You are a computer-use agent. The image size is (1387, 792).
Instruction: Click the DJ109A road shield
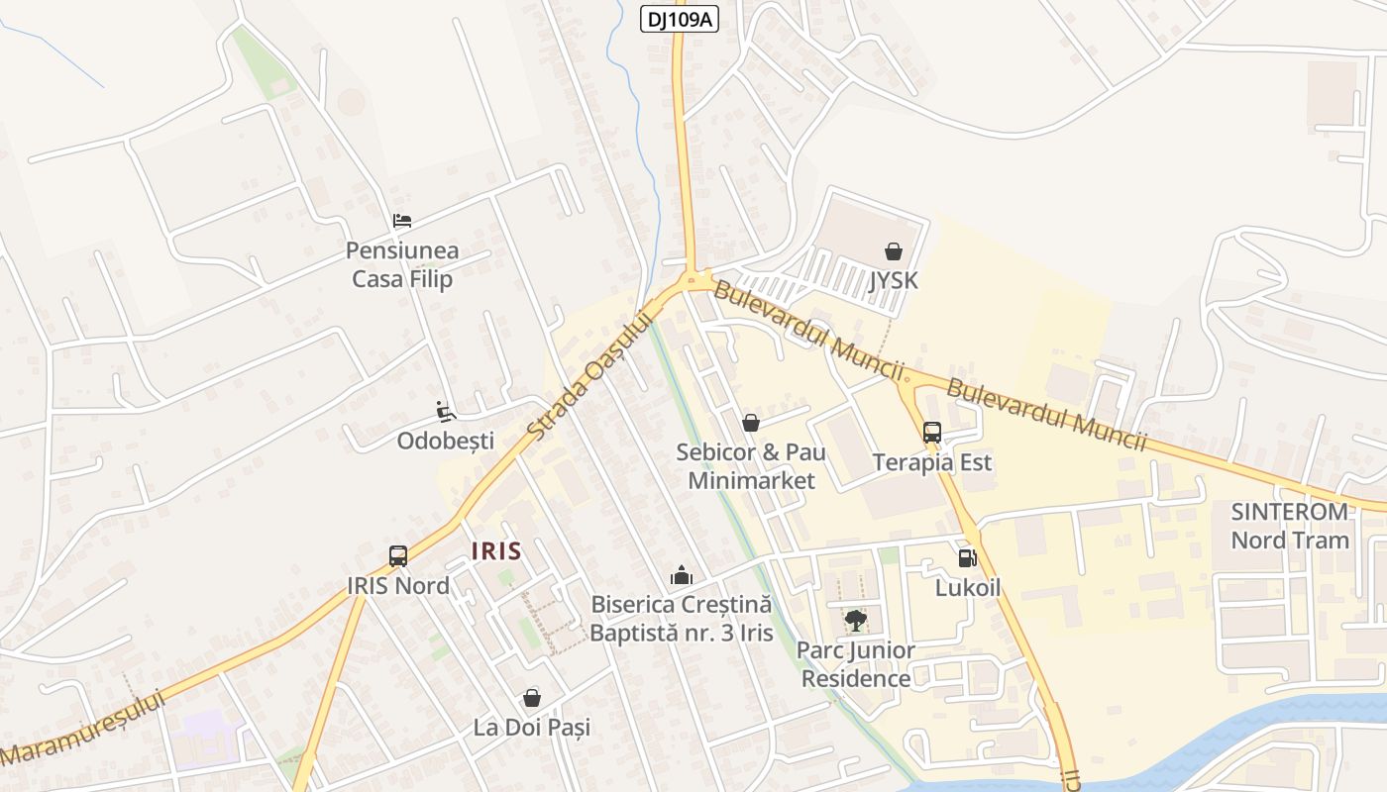click(680, 19)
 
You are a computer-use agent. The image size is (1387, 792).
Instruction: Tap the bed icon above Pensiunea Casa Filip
click(402, 221)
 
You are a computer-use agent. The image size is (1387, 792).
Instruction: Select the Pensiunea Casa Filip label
click(402, 265)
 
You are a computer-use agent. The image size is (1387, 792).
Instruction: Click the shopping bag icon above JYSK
click(894, 251)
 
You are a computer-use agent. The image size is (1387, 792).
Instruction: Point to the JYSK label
click(894, 280)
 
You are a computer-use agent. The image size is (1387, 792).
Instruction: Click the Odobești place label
click(445, 441)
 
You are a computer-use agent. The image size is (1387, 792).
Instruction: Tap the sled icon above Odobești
click(446, 412)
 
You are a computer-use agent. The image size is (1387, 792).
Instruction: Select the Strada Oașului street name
click(590, 377)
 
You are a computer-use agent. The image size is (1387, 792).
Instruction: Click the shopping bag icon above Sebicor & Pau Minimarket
click(751, 423)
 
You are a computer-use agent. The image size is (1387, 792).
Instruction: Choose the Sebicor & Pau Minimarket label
click(751, 466)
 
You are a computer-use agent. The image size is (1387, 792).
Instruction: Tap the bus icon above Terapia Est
click(932, 433)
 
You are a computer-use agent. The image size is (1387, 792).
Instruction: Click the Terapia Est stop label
click(932, 462)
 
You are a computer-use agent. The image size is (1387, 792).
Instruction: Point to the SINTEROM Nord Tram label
click(1290, 526)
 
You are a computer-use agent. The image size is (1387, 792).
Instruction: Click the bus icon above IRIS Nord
click(398, 556)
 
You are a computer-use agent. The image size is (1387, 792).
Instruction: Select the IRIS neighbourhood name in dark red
click(496, 550)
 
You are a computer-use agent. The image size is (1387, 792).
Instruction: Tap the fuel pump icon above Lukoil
click(968, 558)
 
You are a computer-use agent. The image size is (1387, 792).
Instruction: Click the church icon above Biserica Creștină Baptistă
click(682, 574)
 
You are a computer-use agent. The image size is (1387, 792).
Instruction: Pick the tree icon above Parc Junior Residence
click(855, 621)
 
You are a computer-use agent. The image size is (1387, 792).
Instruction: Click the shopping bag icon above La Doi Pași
click(532, 698)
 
